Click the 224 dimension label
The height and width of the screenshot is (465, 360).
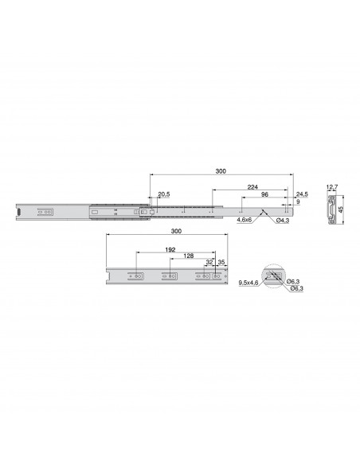click(252, 187)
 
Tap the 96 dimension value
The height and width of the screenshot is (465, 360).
click(264, 194)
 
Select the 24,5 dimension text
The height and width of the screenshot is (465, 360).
click(302, 194)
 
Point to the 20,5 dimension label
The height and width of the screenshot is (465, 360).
click(164, 194)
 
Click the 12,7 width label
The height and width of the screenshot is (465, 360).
click(332, 187)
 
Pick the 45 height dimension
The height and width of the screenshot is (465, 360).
click(341, 209)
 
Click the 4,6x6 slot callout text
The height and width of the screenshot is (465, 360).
click(244, 220)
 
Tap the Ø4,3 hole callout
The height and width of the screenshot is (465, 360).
click(283, 221)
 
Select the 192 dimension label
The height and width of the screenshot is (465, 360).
click(170, 250)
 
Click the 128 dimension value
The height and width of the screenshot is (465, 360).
click(189, 256)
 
